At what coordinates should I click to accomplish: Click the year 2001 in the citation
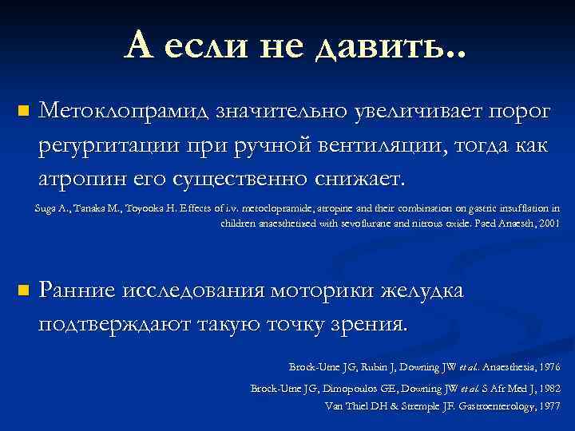tap(550, 224)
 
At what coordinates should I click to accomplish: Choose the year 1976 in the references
tap(549, 367)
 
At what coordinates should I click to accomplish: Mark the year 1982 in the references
tap(549, 389)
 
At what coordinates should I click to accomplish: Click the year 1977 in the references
tap(549, 405)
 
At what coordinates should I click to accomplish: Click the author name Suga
tap(45, 208)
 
